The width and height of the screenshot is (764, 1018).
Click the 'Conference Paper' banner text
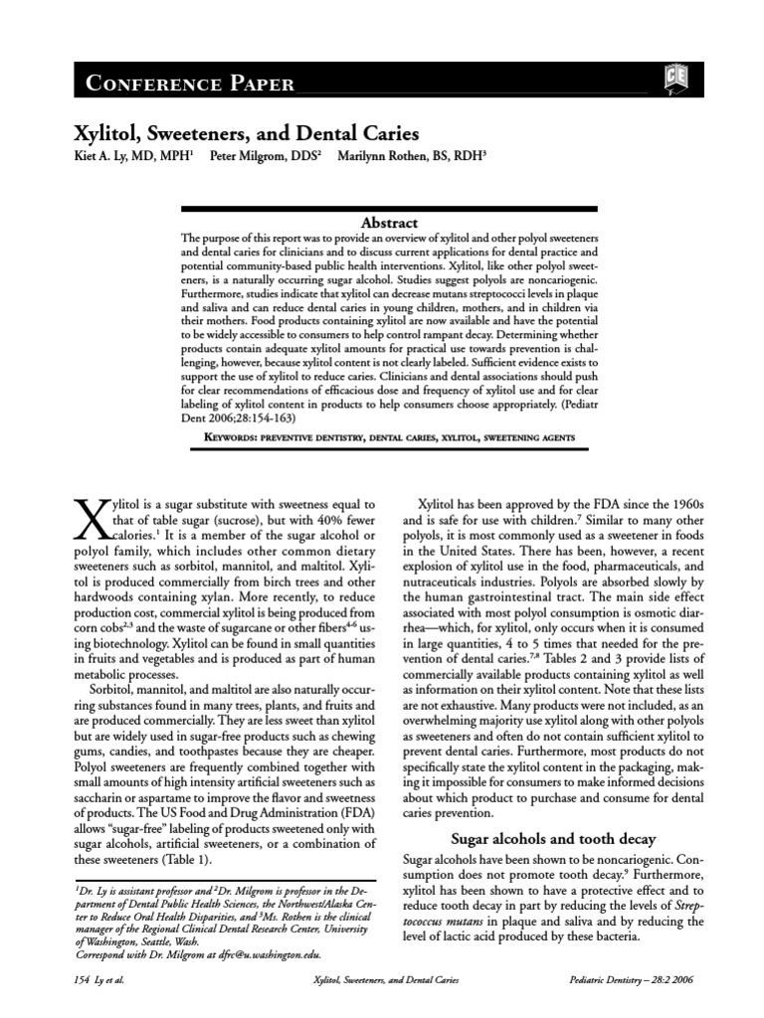coord(189,84)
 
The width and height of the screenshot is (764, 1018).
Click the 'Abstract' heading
coord(389,223)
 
